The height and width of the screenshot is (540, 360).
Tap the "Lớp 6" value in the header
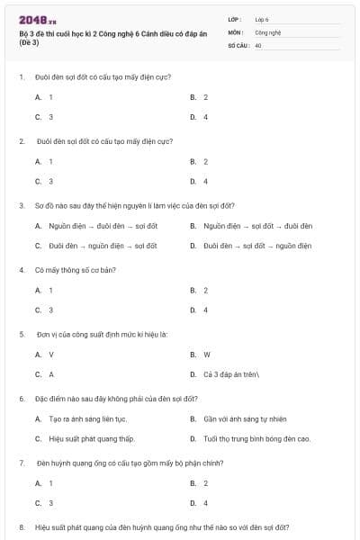coord(262,19)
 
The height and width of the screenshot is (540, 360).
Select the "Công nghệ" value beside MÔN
coord(267,31)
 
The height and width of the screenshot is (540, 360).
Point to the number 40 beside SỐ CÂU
coord(258,44)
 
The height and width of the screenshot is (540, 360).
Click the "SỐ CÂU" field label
coord(238,44)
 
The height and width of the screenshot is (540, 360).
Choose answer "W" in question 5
coord(206,355)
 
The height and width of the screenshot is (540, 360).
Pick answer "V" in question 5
coord(50,355)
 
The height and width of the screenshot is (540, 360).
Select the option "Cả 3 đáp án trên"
coord(231,374)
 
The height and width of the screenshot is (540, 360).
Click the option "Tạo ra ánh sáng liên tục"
coord(88,419)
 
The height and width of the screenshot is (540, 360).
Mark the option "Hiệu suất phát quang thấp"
coord(92,439)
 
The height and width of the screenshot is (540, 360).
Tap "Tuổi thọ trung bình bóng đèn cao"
coord(256,439)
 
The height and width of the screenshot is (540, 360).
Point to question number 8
coord(22,526)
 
